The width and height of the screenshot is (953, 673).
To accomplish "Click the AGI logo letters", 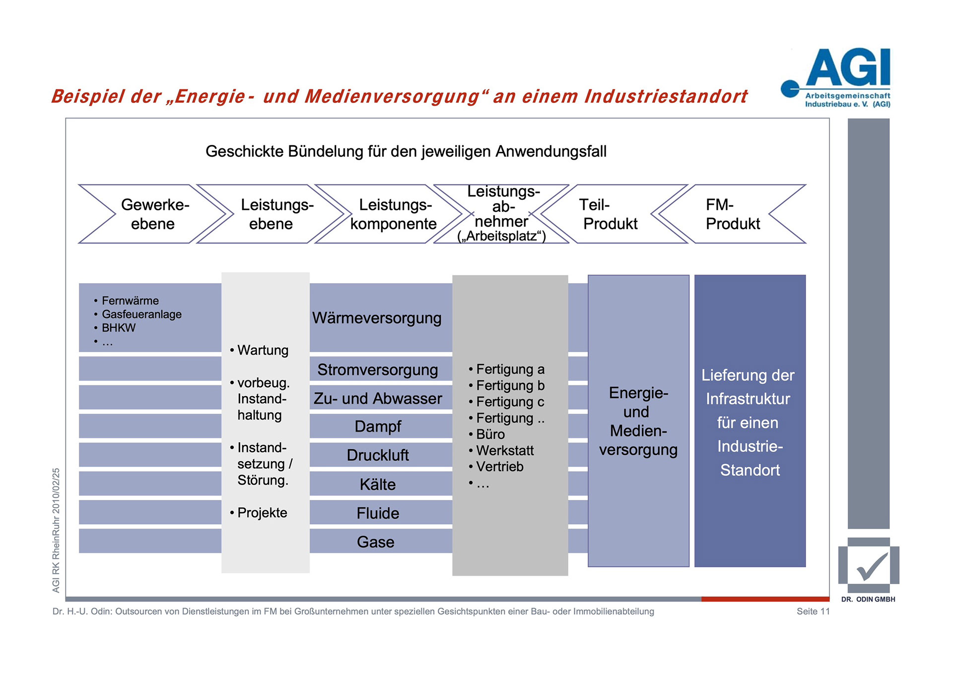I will pyautogui.click(x=848, y=68).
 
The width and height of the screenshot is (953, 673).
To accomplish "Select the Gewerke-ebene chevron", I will pyautogui.click(x=154, y=214).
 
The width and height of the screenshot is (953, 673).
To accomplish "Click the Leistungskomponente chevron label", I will pyautogui.click(x=394, y=214).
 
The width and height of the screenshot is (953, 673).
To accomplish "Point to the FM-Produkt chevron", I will pyautogui.click(x=733, y=214).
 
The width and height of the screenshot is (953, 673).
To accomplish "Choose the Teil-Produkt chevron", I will pyautogui.click(x=610, y=214).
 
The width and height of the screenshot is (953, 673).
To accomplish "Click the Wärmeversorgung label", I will pyautogui.click(x=377, y=318).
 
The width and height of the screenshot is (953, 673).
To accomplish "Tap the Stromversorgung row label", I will pyautogui.click(x=378, y=369).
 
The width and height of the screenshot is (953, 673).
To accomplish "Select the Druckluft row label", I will pyautogui.click(x=378, y=455).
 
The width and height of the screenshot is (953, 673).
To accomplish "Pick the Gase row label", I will pyautogui.click(x=376, y=542).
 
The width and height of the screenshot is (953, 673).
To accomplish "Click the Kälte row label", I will pyautogui.click(x=378, y=485).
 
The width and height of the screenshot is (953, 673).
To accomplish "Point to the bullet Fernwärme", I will pyautogui.click(x=130, y=301).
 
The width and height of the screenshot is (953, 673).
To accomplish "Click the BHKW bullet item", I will pyautogui.click(x=119, y=328).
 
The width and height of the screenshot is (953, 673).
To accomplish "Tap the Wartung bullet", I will pyautogui.click(x=263, y=350).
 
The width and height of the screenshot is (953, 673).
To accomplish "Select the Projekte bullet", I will pyautogui.click(x=262, y=513).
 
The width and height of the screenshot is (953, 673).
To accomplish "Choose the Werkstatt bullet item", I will pyautogui.click(x=505, y=450).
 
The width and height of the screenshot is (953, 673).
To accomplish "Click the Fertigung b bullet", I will pyautogui.click(x=510, y=385).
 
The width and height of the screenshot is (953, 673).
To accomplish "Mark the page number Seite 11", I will pyautogui.click(x=813, y=612).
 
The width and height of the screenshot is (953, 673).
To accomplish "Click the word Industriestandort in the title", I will pyautogui.click(x=666, y=96).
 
